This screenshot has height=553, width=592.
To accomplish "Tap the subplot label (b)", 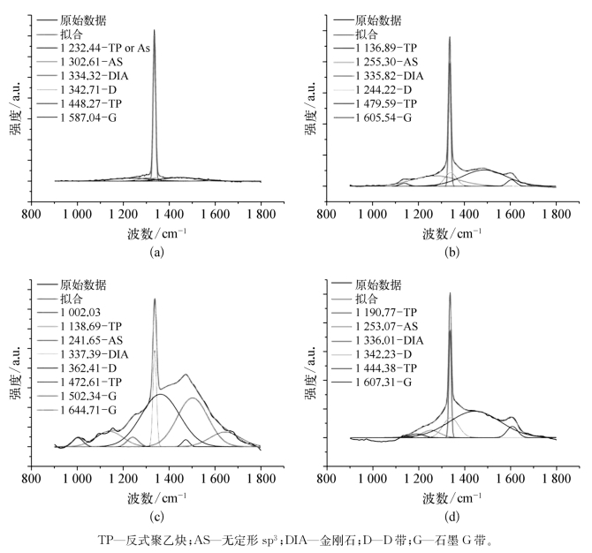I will pyautogui.click(x=452, y=252).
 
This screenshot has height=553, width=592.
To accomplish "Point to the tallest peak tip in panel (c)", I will pyautogui.click(x=155, y=299).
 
